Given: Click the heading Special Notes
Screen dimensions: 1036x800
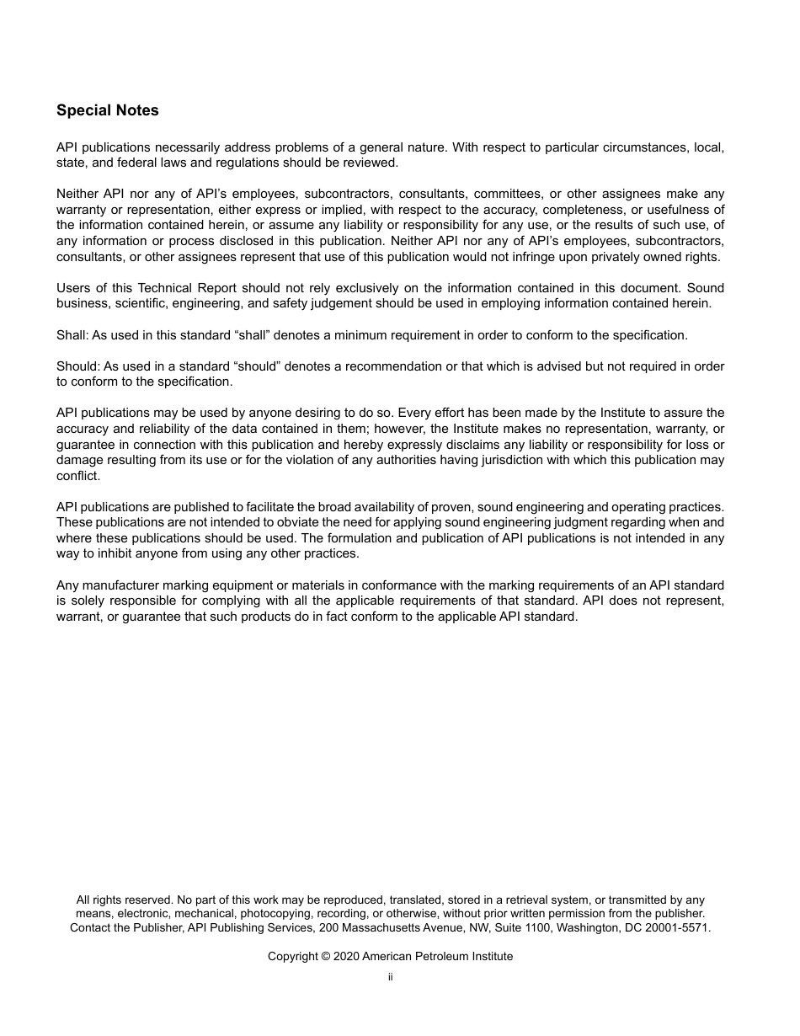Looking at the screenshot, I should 107,110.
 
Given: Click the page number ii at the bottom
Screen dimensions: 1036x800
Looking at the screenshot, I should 390,977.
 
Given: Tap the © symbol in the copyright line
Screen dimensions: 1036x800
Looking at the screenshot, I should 327,956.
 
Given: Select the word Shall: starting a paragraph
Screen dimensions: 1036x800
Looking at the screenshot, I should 72,335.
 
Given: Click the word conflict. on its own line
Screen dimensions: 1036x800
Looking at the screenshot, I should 77,476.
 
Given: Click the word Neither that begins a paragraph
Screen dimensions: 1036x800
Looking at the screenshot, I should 77,194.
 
